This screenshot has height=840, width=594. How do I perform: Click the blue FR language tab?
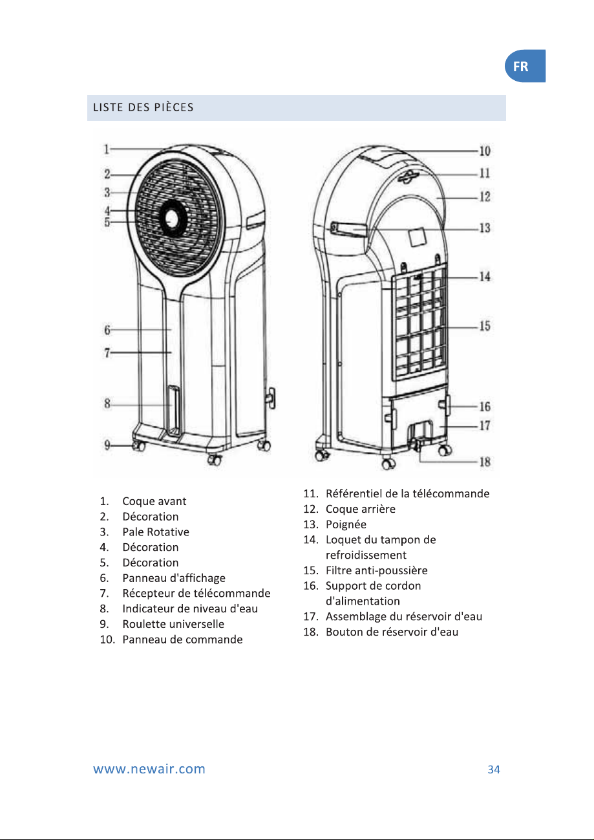[525, 66]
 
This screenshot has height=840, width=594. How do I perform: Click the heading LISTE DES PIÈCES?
[143, 107]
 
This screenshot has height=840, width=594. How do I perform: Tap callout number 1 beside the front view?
[107, 149]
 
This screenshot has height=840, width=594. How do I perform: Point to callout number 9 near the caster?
[107, 445]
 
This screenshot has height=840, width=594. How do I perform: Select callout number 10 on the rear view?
[485, 151]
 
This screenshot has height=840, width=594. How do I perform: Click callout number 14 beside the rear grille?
[485, 277]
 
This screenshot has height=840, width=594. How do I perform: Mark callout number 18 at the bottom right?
[485, 462]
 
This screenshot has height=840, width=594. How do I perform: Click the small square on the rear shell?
[417, 237]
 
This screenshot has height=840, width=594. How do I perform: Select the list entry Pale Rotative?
[156, 532]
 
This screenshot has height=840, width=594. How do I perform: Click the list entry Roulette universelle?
[173, 624]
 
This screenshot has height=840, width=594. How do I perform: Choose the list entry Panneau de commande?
[182, 640]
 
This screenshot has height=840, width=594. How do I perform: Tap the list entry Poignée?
[346, 524]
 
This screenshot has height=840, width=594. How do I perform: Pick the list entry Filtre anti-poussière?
[377, 570]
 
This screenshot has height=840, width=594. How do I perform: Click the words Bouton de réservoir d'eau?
[392, 632]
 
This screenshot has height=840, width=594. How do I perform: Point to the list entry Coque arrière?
[361, 509]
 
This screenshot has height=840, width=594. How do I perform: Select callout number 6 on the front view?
[107, 330]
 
